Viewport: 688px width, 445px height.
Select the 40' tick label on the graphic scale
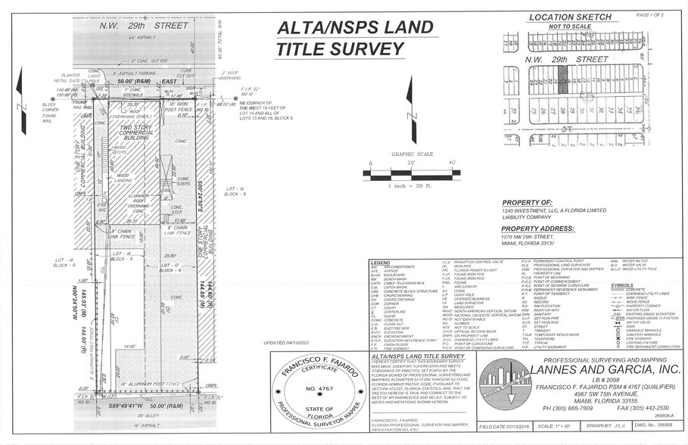click(453, 163)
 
